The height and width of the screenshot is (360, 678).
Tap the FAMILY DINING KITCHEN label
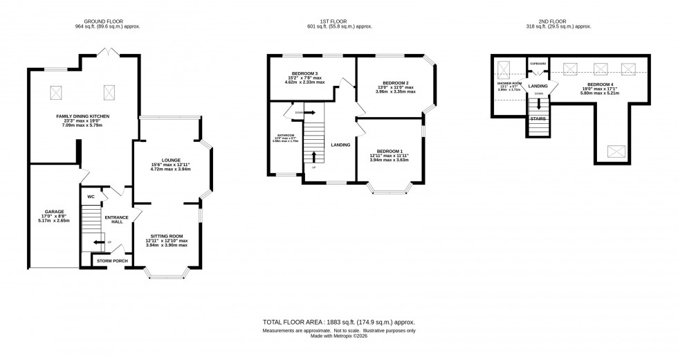pos(83,116)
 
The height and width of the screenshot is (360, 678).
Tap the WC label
pos(91,197)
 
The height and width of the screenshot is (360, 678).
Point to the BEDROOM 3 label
pos(305,73)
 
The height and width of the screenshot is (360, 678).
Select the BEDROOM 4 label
pos(595,84)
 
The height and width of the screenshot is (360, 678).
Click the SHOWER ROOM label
pos(508,83)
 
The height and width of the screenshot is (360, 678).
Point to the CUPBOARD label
pos(538,64)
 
